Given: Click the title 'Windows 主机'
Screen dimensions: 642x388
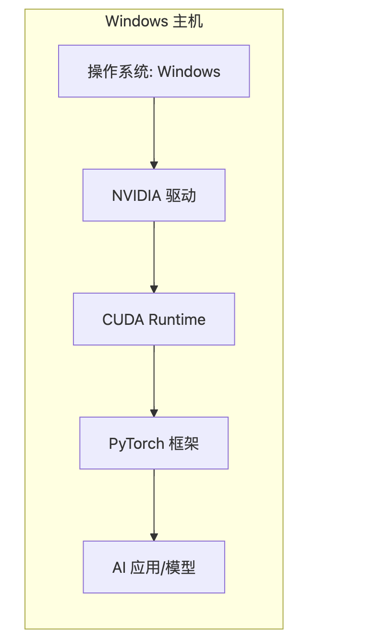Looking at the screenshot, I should tap(154, 22).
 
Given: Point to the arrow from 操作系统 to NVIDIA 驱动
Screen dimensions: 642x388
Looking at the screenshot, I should tap(154, 133).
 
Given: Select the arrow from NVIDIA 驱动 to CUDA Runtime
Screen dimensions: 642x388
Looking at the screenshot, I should tap(154, 257).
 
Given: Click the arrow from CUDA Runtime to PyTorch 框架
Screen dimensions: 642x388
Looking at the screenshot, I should tap(154, 381).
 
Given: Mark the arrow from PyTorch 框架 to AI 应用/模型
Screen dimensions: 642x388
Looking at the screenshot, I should tap(154, 505).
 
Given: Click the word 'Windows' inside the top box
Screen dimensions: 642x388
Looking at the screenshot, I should tap(189, 72).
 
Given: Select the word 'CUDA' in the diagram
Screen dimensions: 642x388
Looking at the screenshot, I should tap(123, 320).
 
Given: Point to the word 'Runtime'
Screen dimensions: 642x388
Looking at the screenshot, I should tap(177, 320).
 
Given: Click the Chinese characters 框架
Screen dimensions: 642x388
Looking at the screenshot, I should tap(184, 444).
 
